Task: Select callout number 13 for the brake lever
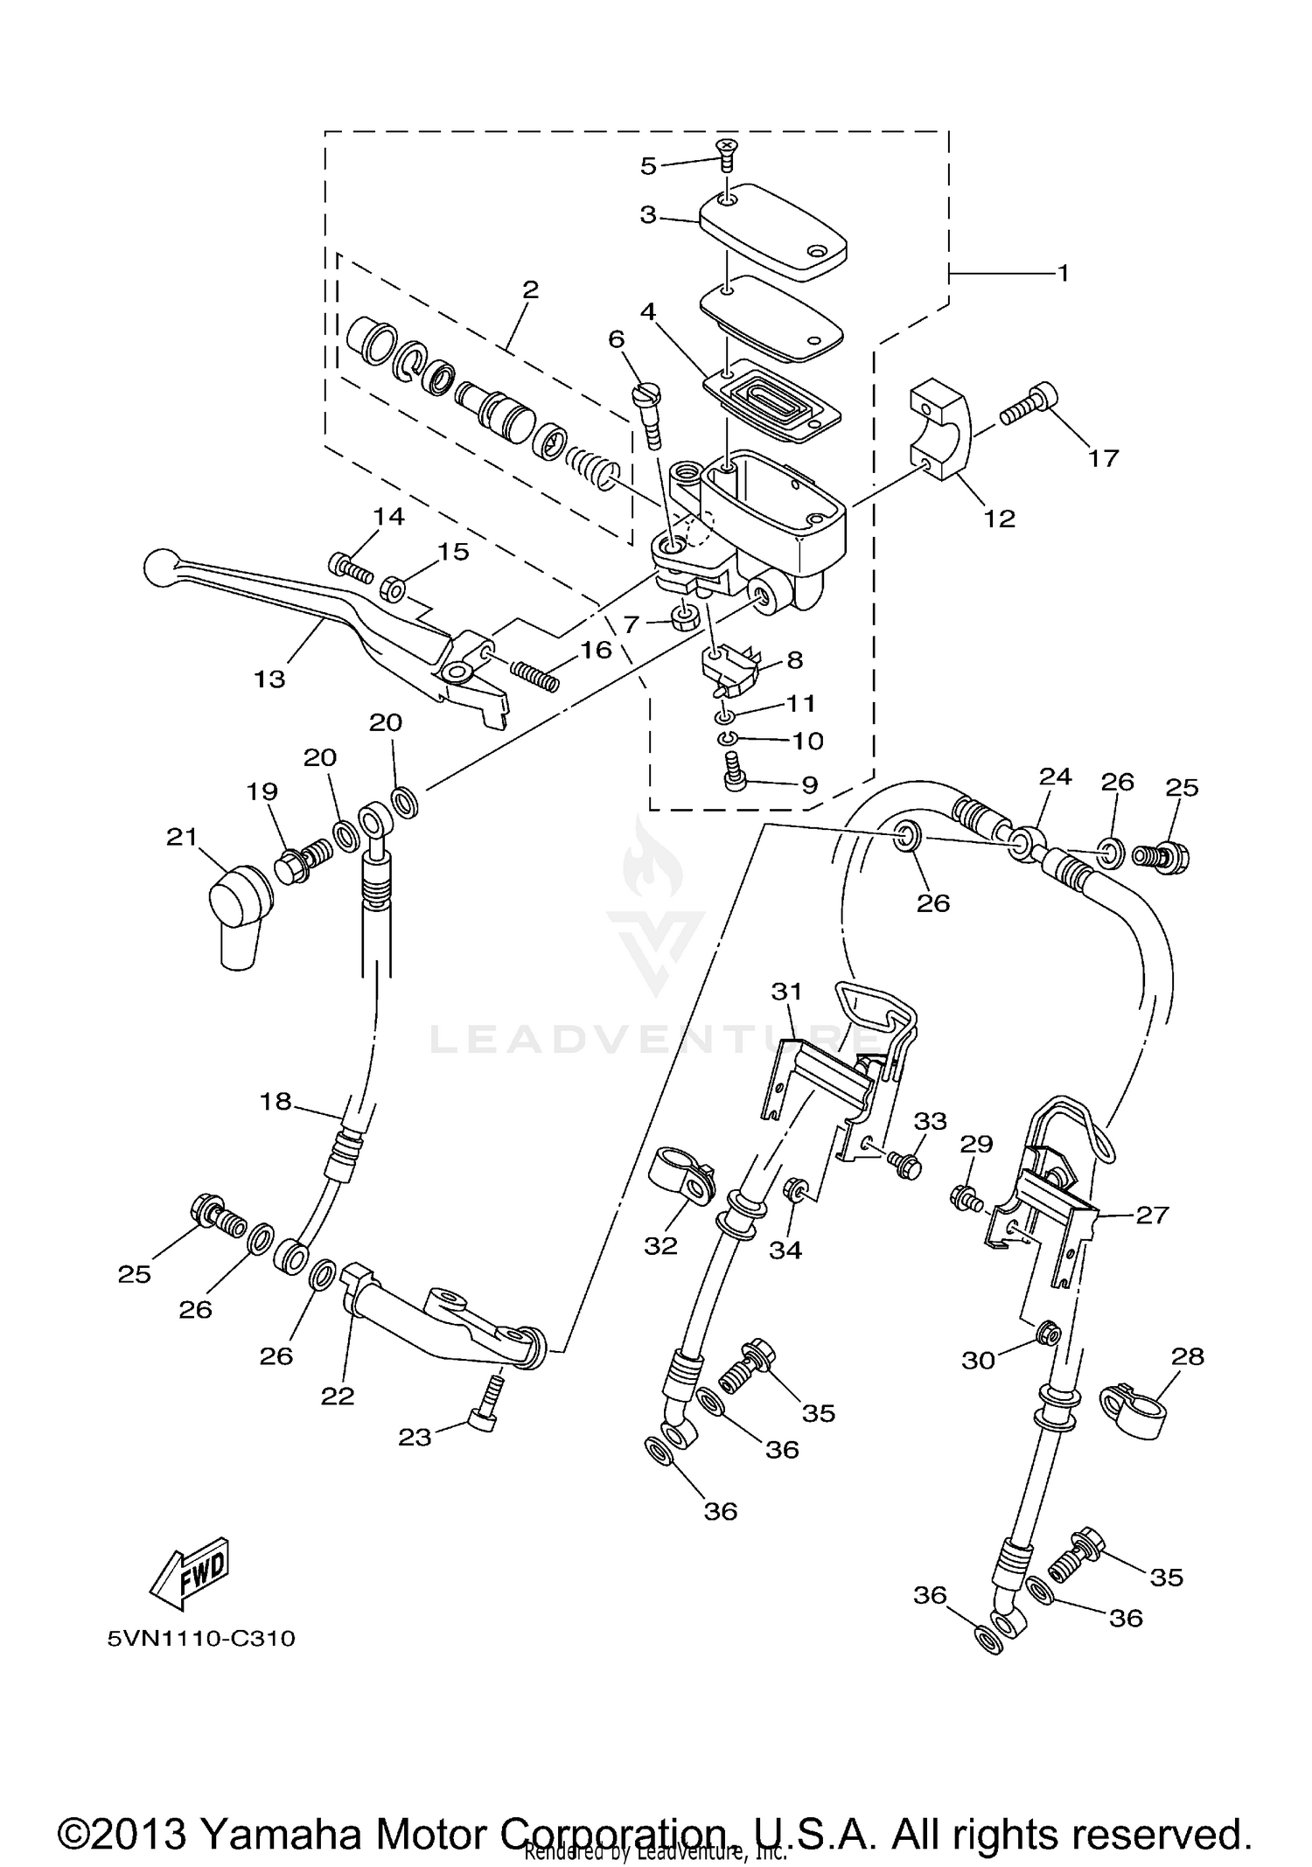click(x=269, y=679)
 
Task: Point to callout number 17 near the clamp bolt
click(x=1104, y=457)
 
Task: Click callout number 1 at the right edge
click(x=1063, y=273)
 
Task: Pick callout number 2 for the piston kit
click(x=530, y=289)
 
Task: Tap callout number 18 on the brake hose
click(x=276, y=1101)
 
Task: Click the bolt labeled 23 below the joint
click(x=485, y=1409)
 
